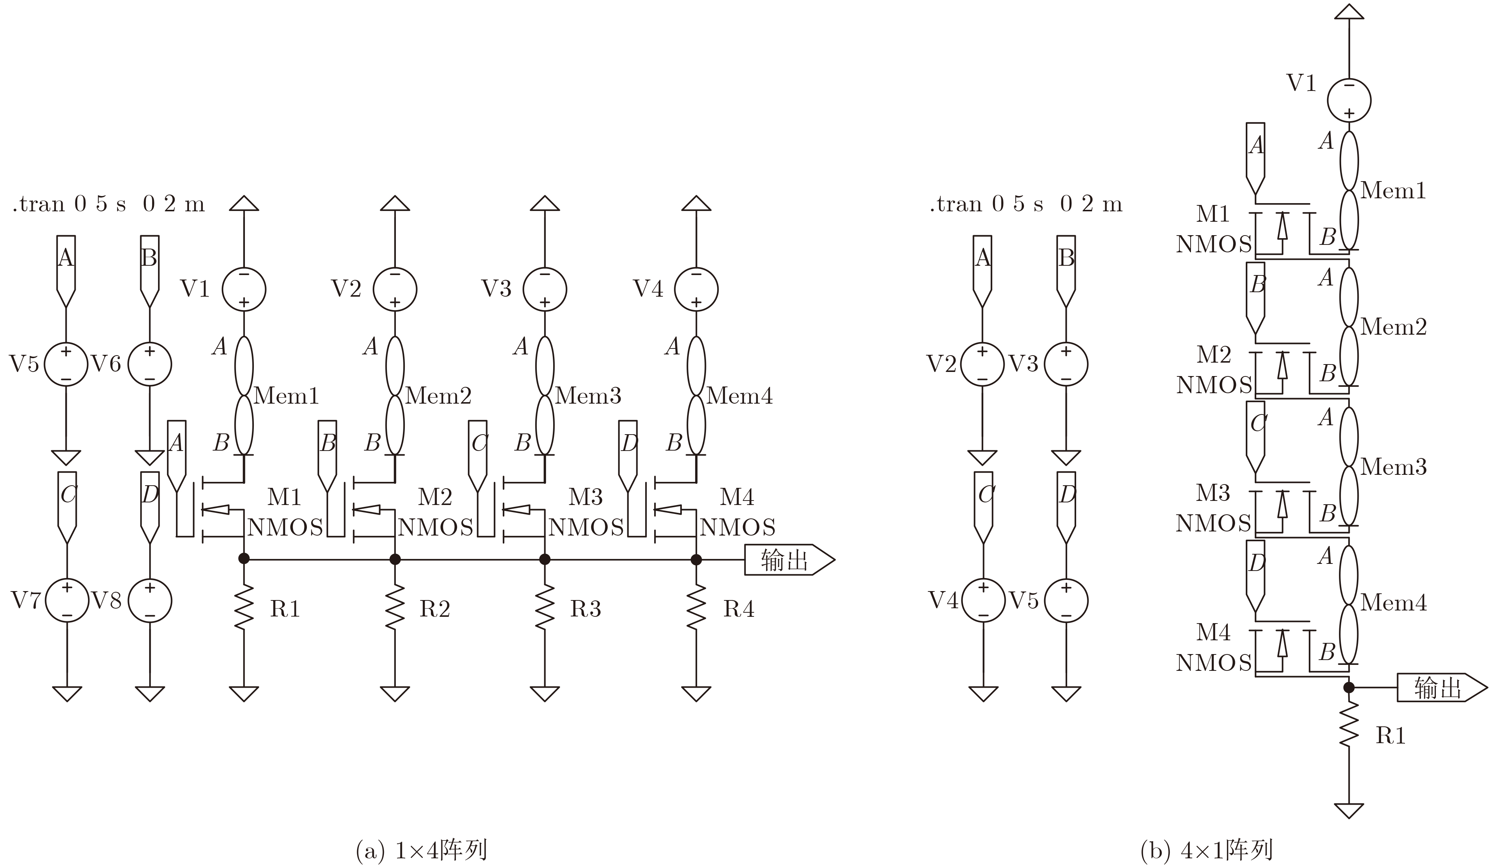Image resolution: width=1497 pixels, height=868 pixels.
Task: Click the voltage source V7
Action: [67, 601]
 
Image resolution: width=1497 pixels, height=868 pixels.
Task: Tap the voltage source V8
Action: [150, 601]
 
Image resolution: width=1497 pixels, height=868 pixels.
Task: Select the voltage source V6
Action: [150, 364]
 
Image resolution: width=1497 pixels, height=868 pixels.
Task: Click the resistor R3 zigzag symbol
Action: [545, 607]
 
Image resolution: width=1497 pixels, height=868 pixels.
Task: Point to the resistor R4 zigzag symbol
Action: [696, 607]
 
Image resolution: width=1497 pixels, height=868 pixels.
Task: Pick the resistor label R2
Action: [435, 609]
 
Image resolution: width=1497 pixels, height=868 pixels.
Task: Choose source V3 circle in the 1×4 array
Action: [545, 289]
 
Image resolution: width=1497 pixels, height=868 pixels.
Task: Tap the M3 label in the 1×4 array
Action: [585, 497]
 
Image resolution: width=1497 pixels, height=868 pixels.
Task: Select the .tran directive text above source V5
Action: [109, 204]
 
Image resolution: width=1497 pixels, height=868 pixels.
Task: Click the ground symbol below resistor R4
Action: [696, 694]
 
